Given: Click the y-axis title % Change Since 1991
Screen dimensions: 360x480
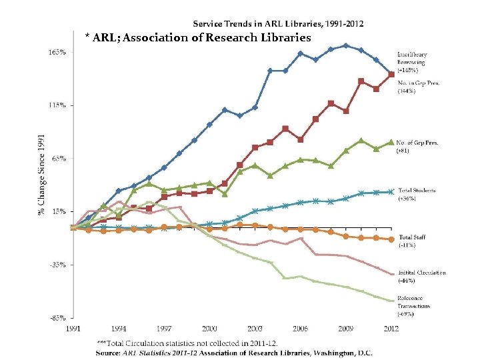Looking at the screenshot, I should click(x=41, y=175).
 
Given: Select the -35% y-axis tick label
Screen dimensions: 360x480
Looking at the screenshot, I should click(x=57, y=265).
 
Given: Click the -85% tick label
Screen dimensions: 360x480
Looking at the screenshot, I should click(x=57, y=317).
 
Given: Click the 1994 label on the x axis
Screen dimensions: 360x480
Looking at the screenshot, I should click(x=119, y=329).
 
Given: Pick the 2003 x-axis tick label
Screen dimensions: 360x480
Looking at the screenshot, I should click(x=254, y=329).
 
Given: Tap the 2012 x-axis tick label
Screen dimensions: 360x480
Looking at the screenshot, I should click(x=391, y=329).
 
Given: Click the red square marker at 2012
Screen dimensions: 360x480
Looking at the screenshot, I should click(x=391, y=74).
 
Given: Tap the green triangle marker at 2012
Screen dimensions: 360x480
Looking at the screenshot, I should click(x=391, y=142).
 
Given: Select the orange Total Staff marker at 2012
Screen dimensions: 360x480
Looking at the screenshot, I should click(x=391, y=239).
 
